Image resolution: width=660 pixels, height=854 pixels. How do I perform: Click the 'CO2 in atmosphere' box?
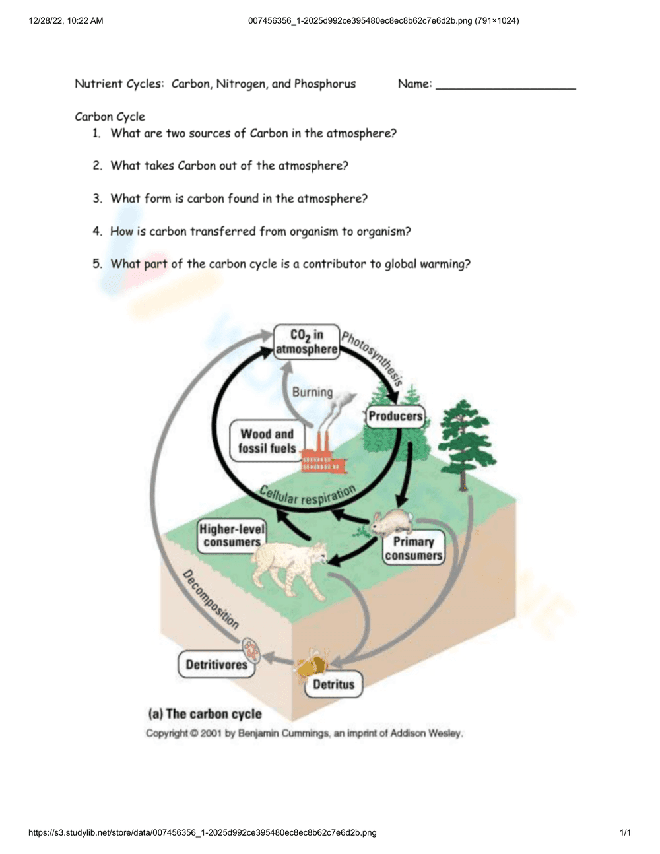[x=306, y=342]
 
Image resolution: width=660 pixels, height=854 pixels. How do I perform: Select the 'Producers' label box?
[x=395, y=416]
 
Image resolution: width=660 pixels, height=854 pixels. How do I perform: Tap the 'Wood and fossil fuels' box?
[x=267, y=441]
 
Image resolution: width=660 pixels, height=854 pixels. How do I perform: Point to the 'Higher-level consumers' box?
[x=232, y=535]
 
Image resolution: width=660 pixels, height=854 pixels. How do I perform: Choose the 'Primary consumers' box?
[x=413, y=548]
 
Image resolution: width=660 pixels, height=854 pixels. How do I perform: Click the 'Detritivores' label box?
[x=216, y=664]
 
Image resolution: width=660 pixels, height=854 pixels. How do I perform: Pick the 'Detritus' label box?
[x=333, y=684]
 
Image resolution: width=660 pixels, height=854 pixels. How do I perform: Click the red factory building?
[x=322, y=457]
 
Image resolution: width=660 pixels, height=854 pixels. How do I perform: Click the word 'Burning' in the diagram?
[x=312, y=392]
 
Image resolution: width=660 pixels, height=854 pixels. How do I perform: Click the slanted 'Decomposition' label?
[x=210, y=599]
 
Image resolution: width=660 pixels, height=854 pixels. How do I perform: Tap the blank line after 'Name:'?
[x=506, y=86]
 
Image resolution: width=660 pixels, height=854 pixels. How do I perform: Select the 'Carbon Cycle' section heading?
[x=110, y=117]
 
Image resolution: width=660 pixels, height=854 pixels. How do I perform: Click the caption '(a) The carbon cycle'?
[x=205, y=713]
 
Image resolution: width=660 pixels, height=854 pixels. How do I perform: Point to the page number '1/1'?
[x=625, y=832]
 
